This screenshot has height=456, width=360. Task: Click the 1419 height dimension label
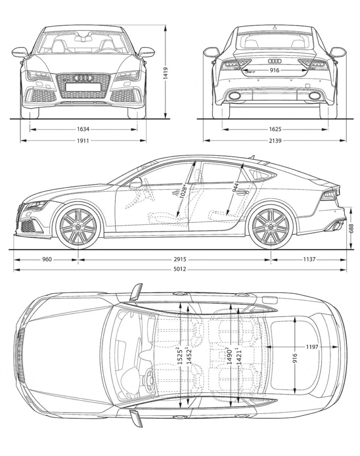[165, 72]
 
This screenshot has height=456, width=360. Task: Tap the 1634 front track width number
[83, 129]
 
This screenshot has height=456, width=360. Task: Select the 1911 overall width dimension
[83, 141]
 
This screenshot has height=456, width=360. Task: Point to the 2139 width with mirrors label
[275, 141]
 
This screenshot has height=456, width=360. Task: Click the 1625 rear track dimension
[275, 129]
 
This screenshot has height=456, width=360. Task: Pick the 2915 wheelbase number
[180, 259]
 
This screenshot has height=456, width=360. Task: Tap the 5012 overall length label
[180, 270]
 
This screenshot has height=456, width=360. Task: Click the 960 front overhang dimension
[46, 259]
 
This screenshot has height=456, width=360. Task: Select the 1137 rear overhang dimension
[309, 259]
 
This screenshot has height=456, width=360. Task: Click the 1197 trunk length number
[312, 347]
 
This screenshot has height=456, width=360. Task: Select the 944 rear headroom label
[237, 188]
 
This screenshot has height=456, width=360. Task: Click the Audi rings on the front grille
[83, 78]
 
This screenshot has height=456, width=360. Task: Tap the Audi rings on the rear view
[275, 61]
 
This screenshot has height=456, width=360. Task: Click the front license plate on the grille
[83, 87]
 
